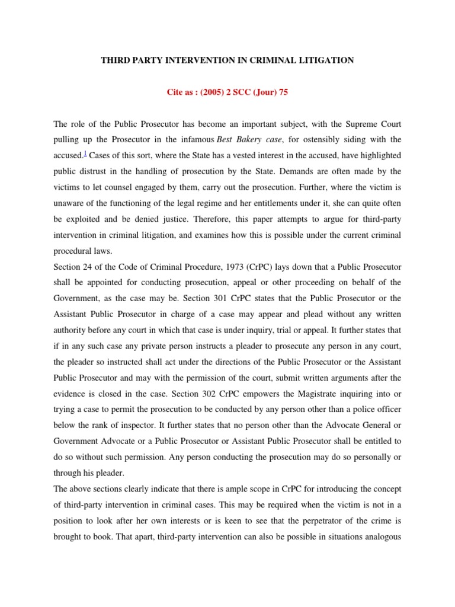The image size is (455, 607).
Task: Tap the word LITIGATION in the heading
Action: click(x=325, y=60)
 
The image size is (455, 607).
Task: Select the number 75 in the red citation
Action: click(x=283, y=93)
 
